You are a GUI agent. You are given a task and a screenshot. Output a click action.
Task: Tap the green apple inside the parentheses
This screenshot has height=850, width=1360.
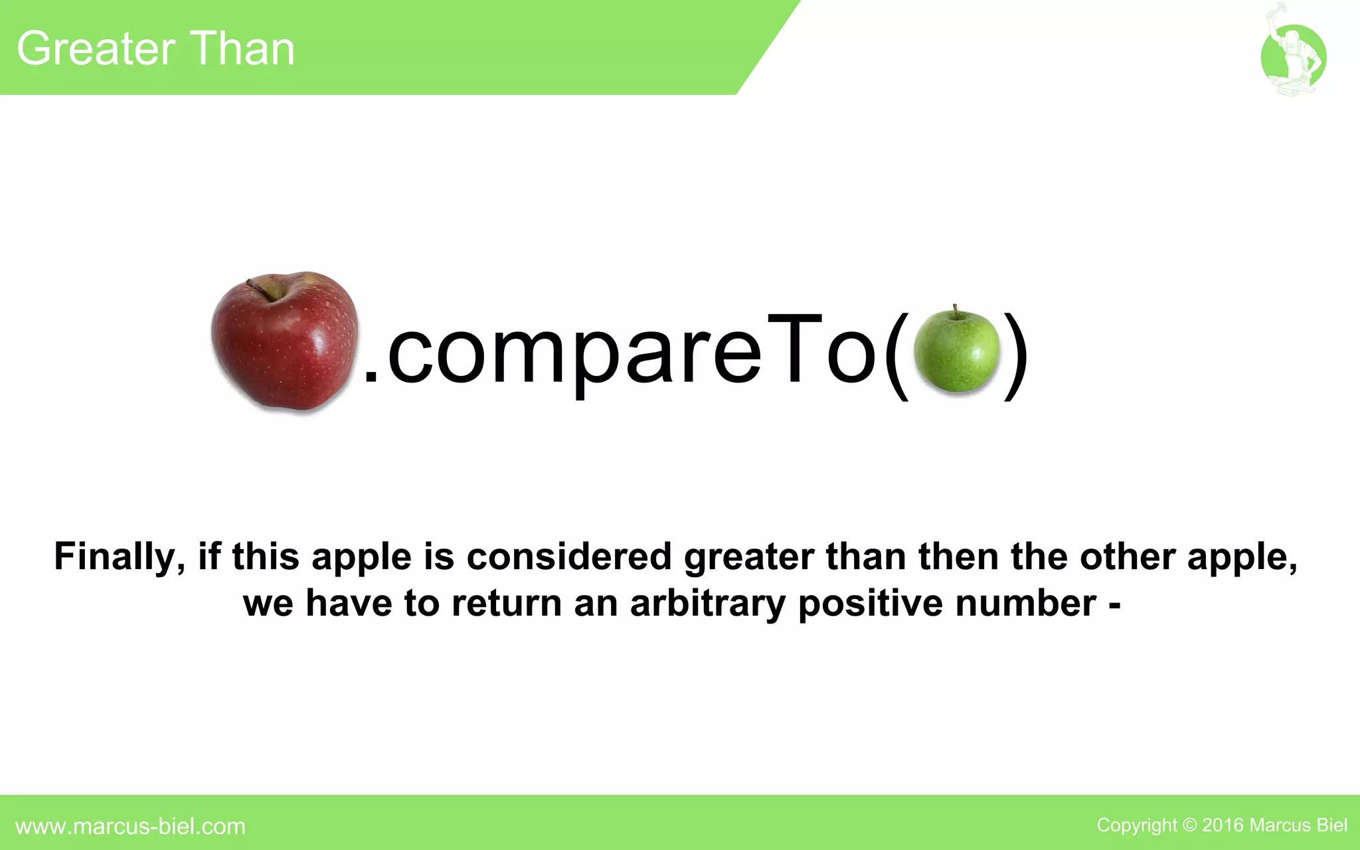[x=956, y=352]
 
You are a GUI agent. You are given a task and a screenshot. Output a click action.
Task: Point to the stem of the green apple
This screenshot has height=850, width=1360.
[x=956, y=311]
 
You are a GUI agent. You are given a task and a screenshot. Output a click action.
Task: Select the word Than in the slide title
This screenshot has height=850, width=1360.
[x=244, y=49]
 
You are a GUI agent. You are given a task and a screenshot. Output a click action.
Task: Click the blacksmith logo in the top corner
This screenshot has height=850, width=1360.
[x=1293, y=57]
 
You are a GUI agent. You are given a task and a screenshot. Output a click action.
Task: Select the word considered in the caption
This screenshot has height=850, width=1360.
[x=569, y=556]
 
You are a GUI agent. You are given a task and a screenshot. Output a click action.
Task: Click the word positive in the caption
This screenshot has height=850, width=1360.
[x=870, y=604]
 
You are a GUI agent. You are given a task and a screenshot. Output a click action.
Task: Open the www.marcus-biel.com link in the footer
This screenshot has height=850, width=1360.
[x=130, y=826]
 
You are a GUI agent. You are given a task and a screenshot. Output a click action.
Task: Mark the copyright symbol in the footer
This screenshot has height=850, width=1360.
[x=1189, y=825]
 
